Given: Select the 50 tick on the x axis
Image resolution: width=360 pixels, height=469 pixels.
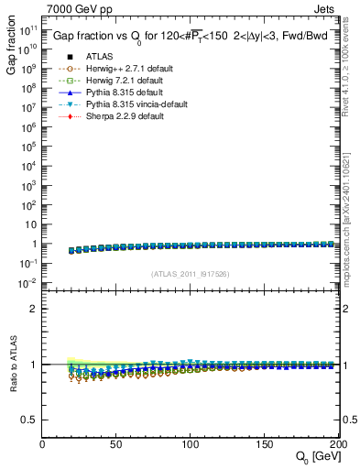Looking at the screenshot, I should coord(116,444).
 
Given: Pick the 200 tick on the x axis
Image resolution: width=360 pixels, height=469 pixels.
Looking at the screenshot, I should coord(336,444).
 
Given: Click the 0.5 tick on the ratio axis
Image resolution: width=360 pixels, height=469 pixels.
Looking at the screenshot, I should coord(30,420).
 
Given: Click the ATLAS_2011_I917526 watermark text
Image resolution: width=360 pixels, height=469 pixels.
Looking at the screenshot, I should coord(190,274).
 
